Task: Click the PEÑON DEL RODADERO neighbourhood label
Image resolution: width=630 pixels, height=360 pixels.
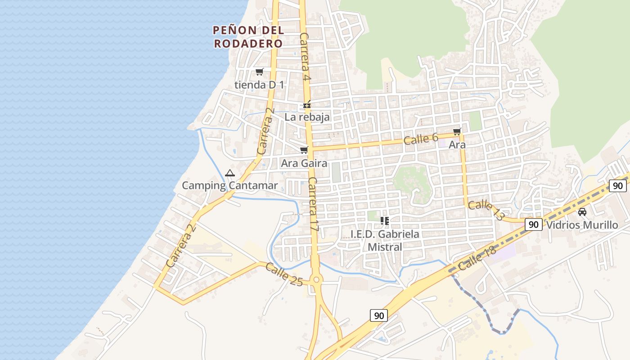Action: pos(248,37)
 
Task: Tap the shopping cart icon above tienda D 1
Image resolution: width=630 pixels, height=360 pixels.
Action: pos(260,72)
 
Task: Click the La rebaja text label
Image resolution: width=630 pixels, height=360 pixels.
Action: pos(307,117)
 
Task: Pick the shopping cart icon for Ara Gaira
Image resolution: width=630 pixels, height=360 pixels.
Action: pos(304,150)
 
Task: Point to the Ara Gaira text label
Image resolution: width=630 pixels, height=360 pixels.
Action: pos(304,163)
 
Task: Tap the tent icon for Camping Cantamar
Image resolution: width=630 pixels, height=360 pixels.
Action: pos(230,173)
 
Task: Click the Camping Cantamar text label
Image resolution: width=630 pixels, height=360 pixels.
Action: pos(229,185)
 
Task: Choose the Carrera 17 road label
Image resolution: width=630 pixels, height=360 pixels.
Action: pos(314,204)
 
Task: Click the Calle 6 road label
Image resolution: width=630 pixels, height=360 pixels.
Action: pos(421,139)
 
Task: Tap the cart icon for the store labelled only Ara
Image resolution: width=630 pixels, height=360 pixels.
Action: pos(457,132)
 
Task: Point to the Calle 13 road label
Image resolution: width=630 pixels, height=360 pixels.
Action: pos(486,210)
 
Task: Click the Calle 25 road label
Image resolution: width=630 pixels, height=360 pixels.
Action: pos(284,274)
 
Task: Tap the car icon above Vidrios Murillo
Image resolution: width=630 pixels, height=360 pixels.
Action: pos(582,212)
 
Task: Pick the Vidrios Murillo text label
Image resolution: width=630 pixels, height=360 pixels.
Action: pos(582,225)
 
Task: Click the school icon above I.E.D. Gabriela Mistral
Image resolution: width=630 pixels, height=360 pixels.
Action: pos(385,220)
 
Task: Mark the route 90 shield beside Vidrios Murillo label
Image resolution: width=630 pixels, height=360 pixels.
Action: pos(533,225)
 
